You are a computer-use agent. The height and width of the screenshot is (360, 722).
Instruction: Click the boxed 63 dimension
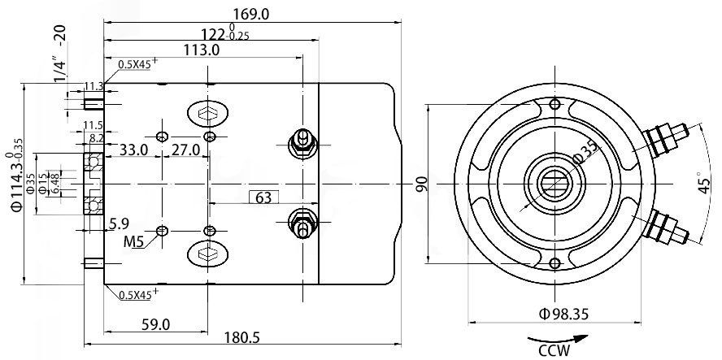point(263,197)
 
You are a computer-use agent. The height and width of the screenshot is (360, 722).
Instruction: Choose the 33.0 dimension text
point(134,150)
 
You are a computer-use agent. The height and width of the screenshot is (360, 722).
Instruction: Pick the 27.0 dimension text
point(185,150)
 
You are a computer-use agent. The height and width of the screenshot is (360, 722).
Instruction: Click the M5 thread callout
point(134,242)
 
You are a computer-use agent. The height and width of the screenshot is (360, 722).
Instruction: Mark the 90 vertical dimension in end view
point(421,184)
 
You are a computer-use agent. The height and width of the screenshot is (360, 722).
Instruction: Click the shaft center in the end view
point(555,184)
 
